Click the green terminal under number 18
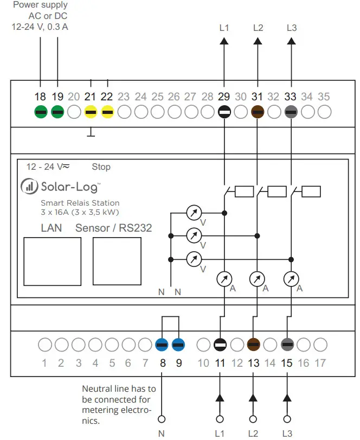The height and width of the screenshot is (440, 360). click(x=41, y=112)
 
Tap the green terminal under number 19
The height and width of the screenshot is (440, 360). click(x=57, y=112)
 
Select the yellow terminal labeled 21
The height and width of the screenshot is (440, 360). click(x=91, y=112)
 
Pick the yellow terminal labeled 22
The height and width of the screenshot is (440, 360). click(x=107, y=112)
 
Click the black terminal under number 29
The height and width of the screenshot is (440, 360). click(x=224, y=112)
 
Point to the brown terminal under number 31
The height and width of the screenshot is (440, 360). click(x=258, y=112)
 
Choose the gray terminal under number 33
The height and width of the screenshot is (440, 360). click(x=291, y=112)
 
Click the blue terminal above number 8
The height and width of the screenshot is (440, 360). click(x=162, y=344)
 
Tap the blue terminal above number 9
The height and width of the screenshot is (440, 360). click(x=178, y=344)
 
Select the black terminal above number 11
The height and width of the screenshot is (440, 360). click(x=220, y=344)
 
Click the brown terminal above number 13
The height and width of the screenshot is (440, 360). click(x=253, y=344)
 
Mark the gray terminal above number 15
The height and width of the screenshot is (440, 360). click(x=287, y=344)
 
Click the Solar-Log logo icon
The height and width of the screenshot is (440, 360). click(x=29, y=187)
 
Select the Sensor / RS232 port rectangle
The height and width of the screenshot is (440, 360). click(x=117, y=262)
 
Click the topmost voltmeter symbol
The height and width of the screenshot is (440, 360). click(x=194, y=213)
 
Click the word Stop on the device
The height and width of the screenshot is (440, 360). click(x=101, y=167)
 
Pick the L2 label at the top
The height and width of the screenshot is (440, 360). click(x=258, y=27)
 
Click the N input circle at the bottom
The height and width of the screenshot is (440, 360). click(x=161, y=419)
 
